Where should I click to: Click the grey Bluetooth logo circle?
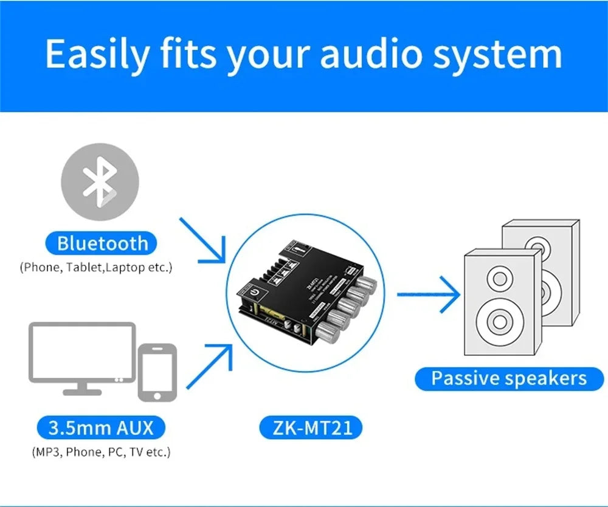(x=100, y=182)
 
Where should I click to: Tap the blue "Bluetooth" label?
(x=102, y=243)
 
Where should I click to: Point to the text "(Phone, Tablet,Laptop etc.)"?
(x=96, y=267)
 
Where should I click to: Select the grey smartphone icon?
(x=157, y=372)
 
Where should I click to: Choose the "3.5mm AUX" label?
(x=101, y=427)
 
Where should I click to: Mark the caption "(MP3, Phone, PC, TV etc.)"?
(x=101, y=452)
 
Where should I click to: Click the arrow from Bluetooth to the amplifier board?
(x=204, y=240)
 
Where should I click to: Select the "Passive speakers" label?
(x=508, y=379)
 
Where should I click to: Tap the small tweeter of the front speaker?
(x=500, y=279)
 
